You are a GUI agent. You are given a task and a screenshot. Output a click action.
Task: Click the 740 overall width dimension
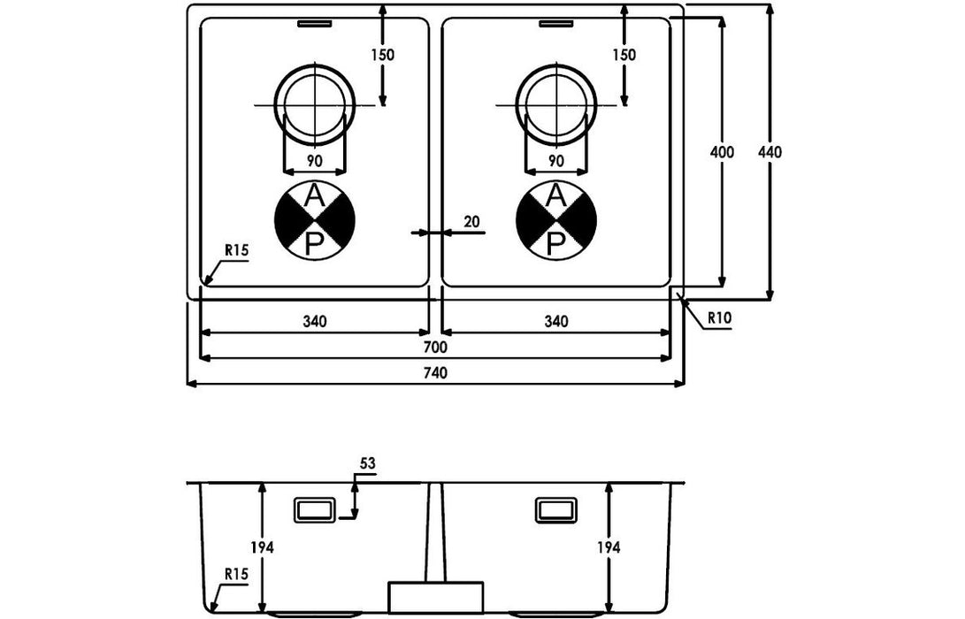435,373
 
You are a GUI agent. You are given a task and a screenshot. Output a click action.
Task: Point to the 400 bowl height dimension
722,152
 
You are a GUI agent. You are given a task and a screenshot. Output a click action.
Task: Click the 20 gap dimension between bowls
471,222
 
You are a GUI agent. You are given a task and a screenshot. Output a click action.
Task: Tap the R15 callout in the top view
235,251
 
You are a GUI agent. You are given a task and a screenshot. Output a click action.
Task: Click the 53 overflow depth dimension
368,463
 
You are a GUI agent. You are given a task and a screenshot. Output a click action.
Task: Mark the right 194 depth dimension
609,547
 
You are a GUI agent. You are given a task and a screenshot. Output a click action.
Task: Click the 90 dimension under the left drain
314,161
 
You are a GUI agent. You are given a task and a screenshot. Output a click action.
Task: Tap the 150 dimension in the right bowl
624,55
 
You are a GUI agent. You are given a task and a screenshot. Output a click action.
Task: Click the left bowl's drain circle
315,103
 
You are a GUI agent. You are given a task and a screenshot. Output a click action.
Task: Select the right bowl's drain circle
555,103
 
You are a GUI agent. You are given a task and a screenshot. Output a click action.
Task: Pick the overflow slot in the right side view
555,511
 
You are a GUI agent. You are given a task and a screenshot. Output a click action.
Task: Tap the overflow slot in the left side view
313,511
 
